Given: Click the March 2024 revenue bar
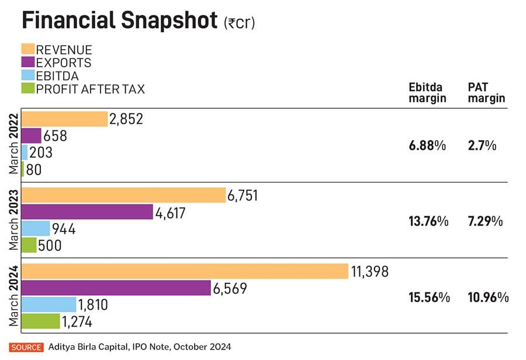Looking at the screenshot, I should (x=185, y=272).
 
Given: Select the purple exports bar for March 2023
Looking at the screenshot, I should (x=87, y=213).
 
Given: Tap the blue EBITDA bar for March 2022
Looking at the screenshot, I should (x=25, y=153).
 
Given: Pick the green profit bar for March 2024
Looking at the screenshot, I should (x=41, y=321).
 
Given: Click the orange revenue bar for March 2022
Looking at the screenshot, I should (x=64, y=119).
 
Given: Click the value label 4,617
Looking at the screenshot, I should (x=171, y=213).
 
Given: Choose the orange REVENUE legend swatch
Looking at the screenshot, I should (x=28, y=49).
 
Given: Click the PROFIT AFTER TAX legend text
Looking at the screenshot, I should (x=91, y=89).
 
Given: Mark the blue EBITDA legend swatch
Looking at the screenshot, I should (x=28, y=76).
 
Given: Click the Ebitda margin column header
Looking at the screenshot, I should (x=427, y=93).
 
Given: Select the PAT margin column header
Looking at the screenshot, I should (x=486, y=93).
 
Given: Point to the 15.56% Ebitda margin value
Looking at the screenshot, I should (x=429, y=297).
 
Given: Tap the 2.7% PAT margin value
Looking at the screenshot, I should (x=483, y=145).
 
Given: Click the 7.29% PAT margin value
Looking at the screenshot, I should (x=486, y=221).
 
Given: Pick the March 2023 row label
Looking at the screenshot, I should (x=13, y=220).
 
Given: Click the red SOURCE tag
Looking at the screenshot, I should (x=26, y=347).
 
